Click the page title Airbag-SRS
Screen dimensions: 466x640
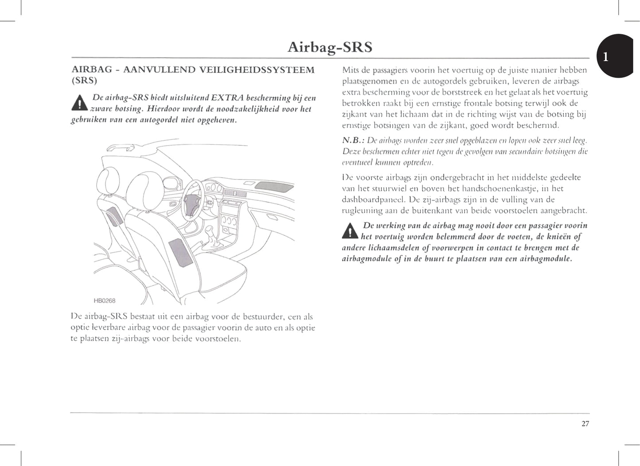point(330,47)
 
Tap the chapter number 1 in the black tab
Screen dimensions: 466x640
point(606,57)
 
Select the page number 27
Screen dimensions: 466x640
point(585,424)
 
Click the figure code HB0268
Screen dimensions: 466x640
point(105,301)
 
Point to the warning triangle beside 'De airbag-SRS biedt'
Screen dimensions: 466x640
point(79,104)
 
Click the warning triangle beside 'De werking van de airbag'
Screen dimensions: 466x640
point(350,231)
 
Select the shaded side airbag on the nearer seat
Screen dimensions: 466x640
point(181,252)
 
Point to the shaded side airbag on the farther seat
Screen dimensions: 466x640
point(114,215)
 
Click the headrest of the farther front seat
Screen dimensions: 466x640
point(107,180)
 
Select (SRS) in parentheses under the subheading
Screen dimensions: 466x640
point(85,81)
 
